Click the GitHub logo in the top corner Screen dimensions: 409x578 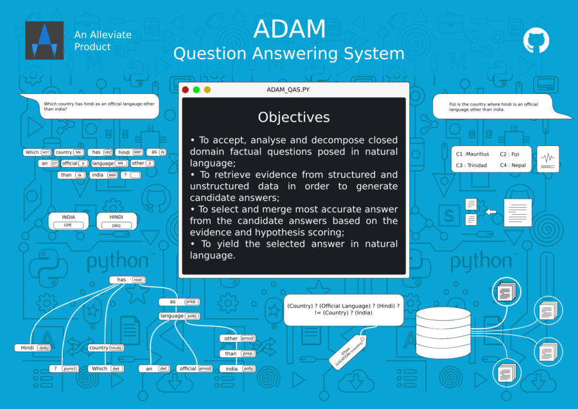[536, 40]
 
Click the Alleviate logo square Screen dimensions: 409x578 [44, 41]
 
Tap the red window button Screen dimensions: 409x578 [186, 90]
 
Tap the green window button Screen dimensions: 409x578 [197, 90]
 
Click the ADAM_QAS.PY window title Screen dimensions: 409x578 [293, 90]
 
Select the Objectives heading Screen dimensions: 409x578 [293, 117]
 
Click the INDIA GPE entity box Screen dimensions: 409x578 [69, 221]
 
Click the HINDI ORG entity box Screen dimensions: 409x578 [117, 221]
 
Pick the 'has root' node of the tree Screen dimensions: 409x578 [127, 280]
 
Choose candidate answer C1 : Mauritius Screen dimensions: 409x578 [473, 154]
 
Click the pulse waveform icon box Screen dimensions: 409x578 [548, 159]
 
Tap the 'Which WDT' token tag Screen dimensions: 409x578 [37, 152]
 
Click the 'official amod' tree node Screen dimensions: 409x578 [195, 368]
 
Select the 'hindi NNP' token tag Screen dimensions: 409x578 [130, 152]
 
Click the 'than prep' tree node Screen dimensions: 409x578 [238, 354]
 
